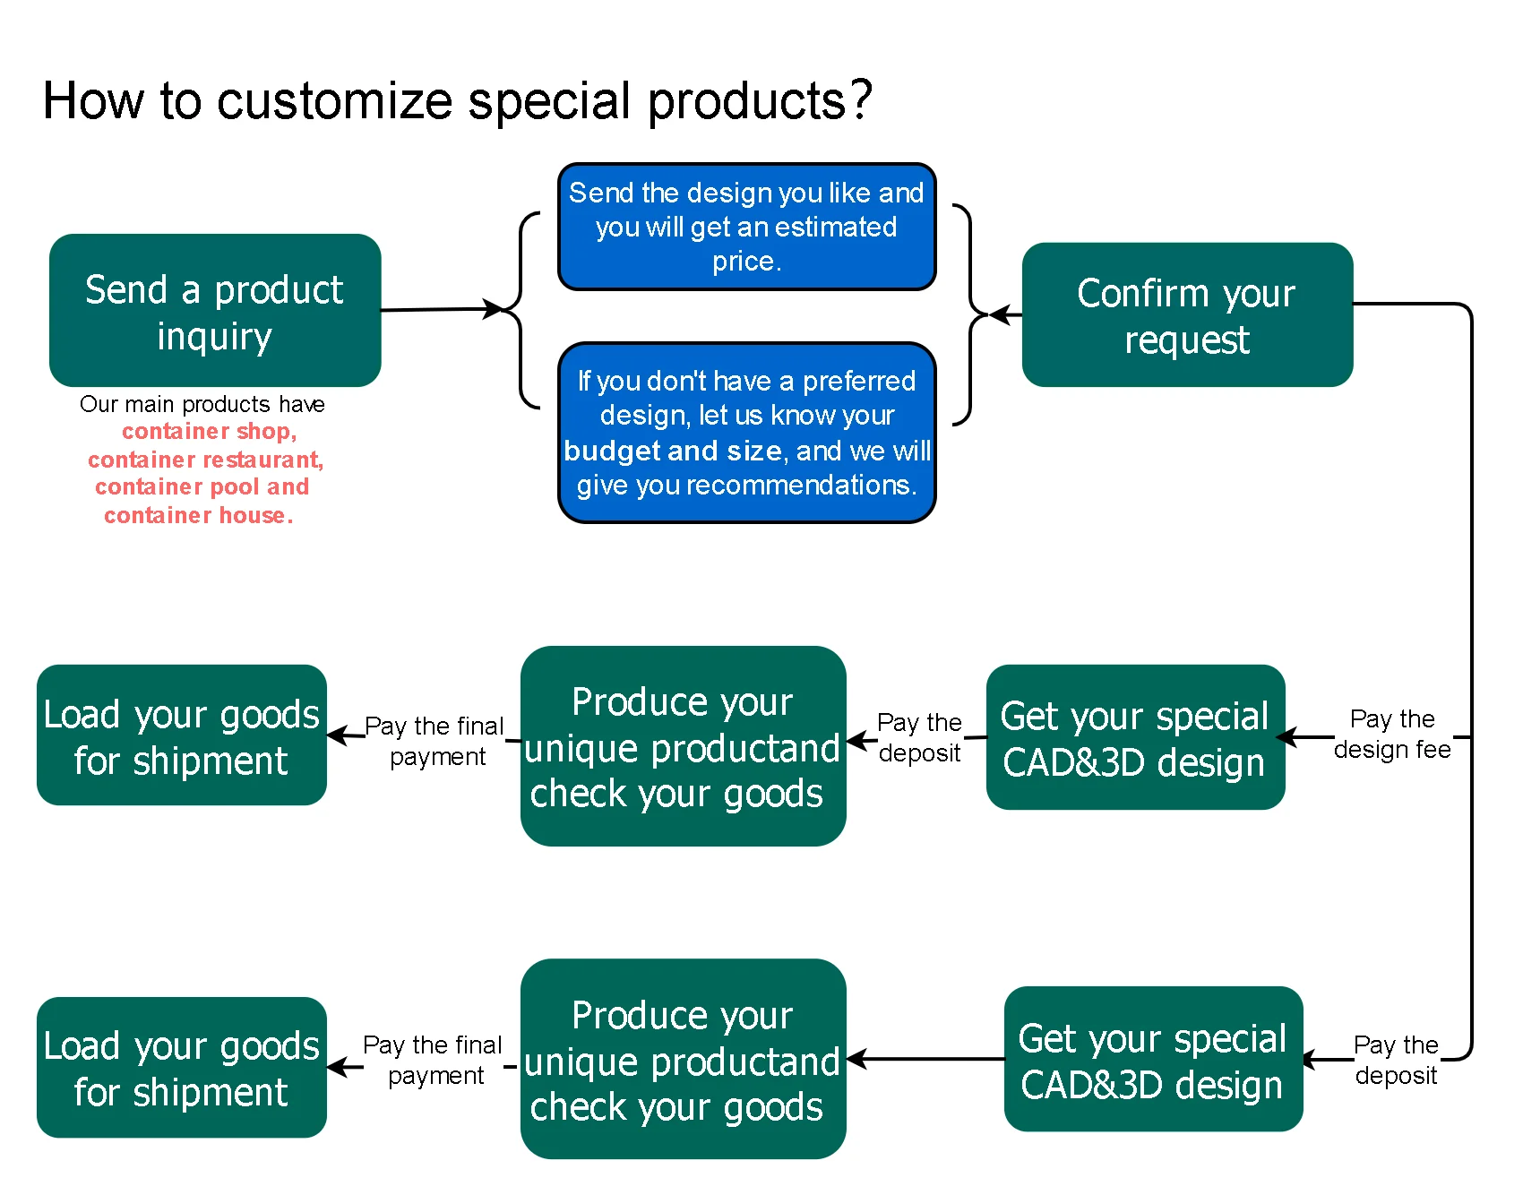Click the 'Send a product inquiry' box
click(x=215, y=311)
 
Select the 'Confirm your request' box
click(x=1187, y=315)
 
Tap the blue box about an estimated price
click(x=747, y=227)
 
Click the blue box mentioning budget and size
click(x=747, y=433)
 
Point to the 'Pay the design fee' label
click(x=1392, y=735)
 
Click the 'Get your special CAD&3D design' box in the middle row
click(x=1135, y=737)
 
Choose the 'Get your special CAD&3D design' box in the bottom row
click(x=1153, y=1060)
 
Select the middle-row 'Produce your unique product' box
click(x=683, y=746)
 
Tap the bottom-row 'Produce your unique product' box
click(x=683, y=1060)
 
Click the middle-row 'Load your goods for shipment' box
click(x=182, y=735)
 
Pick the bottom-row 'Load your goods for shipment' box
click(x=182, y=1068)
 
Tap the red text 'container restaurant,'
click(x=205, y=460)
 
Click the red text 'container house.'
click(x=198, y=515)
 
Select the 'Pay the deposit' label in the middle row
click(x=919, y=737)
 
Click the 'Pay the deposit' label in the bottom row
click(x=1396, y=1060)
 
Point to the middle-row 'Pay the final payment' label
click(x=435, y=741)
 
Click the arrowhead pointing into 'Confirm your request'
click(x=1001, y=315)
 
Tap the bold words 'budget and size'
click(x=673, y=451)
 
